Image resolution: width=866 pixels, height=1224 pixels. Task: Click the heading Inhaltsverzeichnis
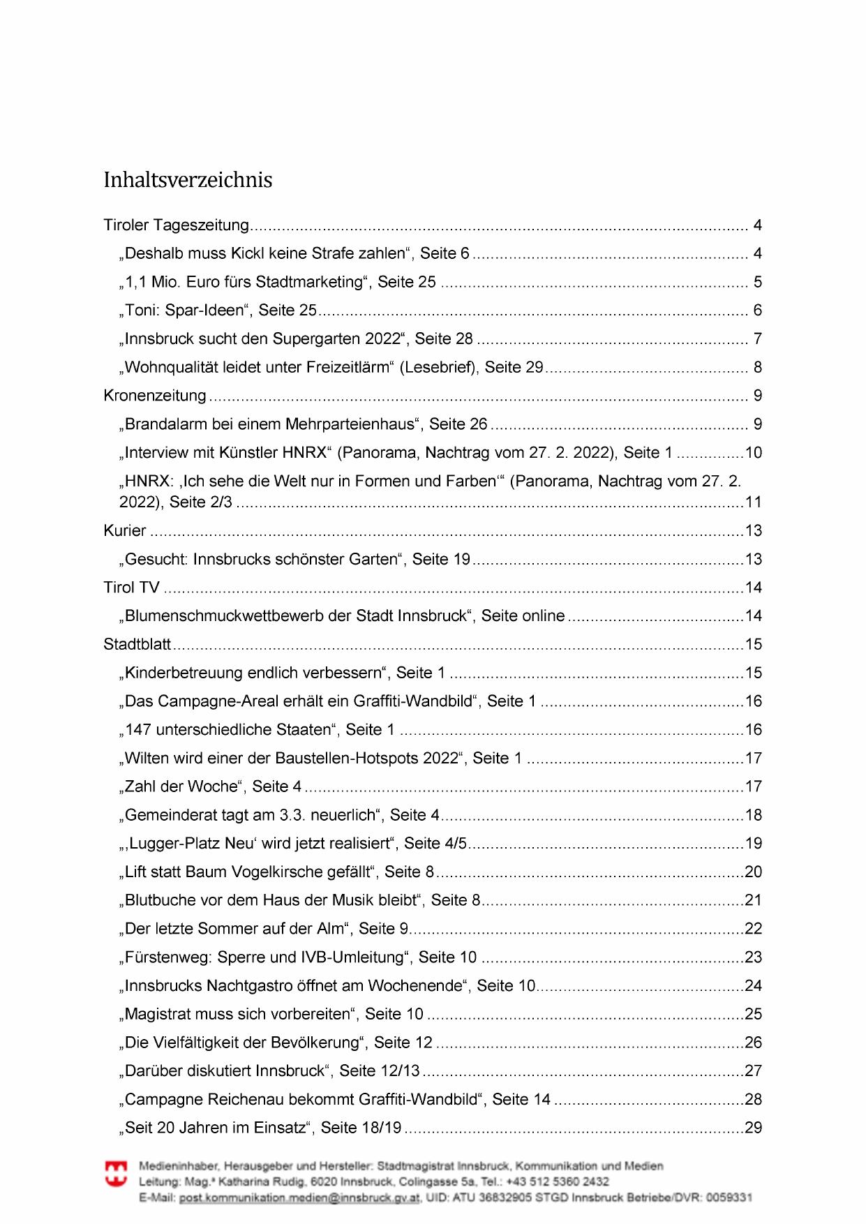(188, 180)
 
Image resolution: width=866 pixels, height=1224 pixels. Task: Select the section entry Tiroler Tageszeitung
(176, 225)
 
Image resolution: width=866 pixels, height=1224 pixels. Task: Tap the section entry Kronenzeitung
(155, 396)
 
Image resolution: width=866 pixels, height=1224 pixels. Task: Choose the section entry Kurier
(125, 530)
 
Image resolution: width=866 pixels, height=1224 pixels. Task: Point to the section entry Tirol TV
(131, 588)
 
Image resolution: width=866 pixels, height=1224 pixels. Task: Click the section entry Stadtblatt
(137, 644)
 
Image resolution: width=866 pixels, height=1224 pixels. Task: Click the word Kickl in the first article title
(248, 253)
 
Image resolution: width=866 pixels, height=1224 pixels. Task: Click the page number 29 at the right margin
(753, 1128)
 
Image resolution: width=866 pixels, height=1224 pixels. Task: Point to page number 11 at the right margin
(753, 502)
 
